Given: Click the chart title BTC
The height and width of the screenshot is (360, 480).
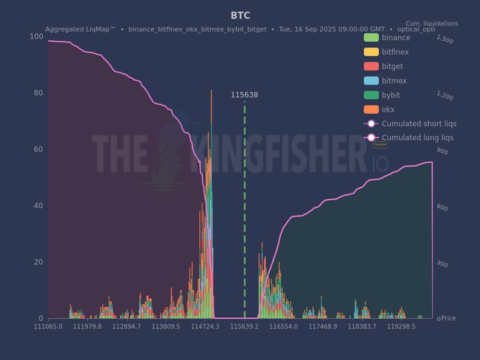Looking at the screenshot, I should [x=240, y=16].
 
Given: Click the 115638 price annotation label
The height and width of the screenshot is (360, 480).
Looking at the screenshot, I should [x=244, y=95].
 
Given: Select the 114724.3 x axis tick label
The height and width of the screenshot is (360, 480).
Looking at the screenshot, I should [x=205, y=326].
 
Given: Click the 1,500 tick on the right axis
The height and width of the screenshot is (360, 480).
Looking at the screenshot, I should [x=445, y=40].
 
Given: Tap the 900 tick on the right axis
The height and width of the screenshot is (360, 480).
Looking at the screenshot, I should [x=442, y=152].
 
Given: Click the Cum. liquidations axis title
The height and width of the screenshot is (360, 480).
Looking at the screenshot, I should [x=432, y=24].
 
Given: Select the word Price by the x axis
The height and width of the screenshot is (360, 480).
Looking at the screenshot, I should [x=448, y=318].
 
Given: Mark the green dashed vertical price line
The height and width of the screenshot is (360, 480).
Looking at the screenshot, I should [x=244, y=211].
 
